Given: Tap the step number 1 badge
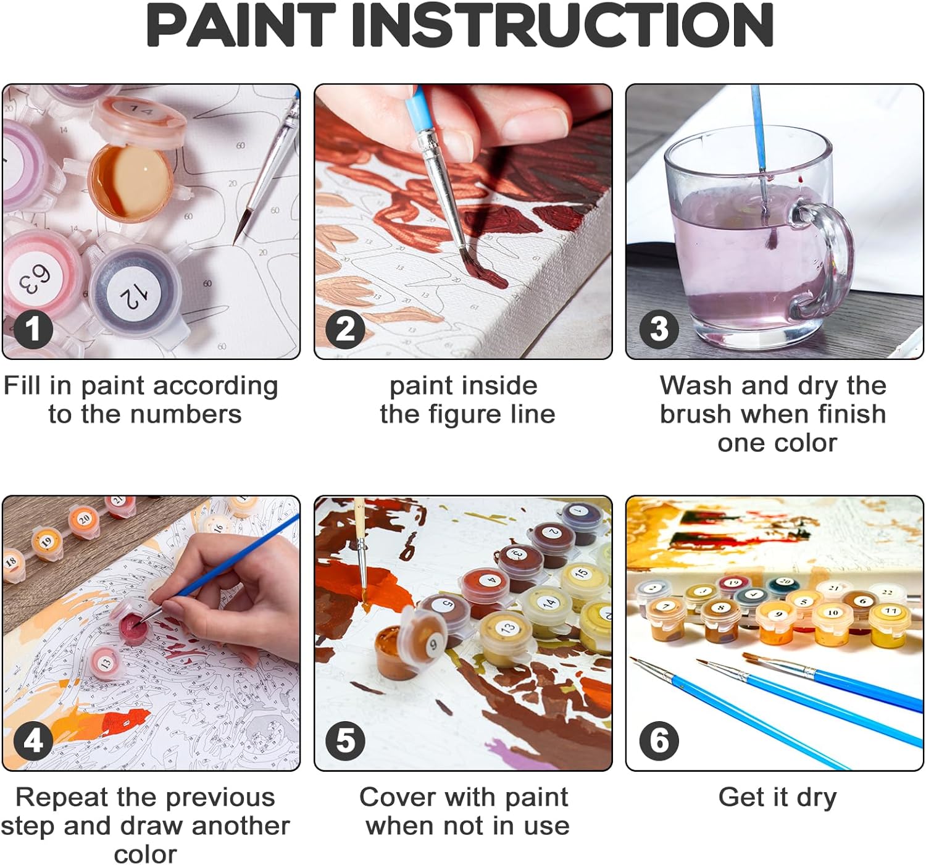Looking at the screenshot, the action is (x=33, y=329).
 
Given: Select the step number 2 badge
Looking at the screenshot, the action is (x=345, y=329).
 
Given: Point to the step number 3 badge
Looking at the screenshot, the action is (x=658, y=329).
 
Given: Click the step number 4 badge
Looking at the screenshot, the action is (x=33, y=740).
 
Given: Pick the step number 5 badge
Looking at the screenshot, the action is (x=345, y=740).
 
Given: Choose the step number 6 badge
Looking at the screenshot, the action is (x=658, y=740).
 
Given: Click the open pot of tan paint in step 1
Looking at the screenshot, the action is (x=131, y=183).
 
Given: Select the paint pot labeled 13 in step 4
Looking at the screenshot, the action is (x=106, y=662).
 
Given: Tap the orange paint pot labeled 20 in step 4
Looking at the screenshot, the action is (x=84, y=521).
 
